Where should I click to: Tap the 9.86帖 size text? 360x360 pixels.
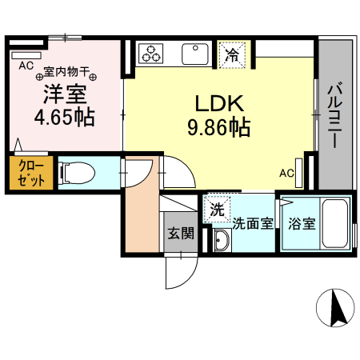[x=218, y=126]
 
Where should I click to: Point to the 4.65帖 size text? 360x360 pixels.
[x=65, y=118]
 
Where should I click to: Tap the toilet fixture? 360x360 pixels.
[x=76, y=172]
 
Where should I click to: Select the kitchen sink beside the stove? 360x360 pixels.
[x=194, y=54]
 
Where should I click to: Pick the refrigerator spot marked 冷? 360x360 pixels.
[x=231, y=54]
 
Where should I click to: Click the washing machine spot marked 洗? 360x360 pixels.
[x=217, y=210]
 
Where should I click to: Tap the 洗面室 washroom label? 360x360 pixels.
[x=252, y=224]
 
